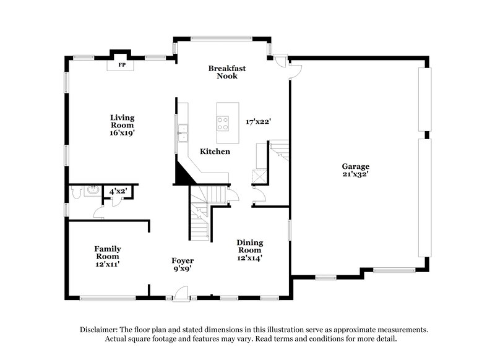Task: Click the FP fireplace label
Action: point(122,64)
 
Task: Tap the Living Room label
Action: point(123,121)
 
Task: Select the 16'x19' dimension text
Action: point(123,132)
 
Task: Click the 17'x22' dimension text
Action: point(258,122)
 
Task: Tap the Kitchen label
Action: point(215,152)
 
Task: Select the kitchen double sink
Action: point(183,131)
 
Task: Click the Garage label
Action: point(356,166)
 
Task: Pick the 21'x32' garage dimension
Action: point(356,174)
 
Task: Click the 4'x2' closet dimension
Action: point(118,192)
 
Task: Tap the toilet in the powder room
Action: point(75,192)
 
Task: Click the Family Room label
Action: point(108,252)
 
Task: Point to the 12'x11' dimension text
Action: point(108,264)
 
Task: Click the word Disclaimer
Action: point(99,330)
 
